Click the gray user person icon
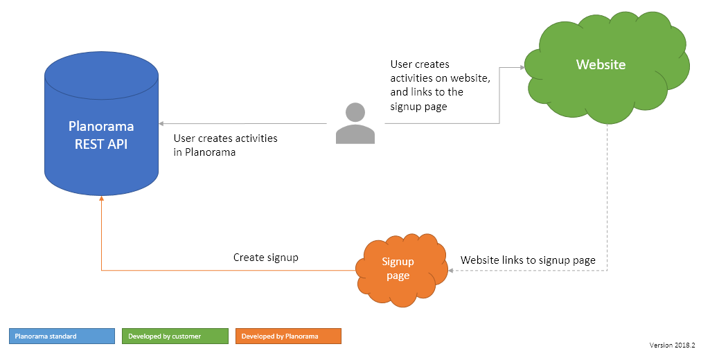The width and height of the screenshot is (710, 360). click(355, 124)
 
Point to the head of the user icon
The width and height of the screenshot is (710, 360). click(355, 112)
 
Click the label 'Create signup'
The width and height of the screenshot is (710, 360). click(266, 258)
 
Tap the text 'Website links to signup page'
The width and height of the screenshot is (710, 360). click(528, 260)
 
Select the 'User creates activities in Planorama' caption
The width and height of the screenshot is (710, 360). click(225, 145)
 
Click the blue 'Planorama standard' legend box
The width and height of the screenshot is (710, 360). click(62, 336)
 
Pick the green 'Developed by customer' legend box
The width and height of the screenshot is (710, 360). click(175, 336)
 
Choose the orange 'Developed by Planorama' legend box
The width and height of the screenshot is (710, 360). click(288, 336)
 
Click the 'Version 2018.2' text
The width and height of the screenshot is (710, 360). click(672, 345)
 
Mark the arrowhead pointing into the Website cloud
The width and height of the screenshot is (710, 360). click(522, 67)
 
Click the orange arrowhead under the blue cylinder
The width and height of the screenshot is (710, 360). click(102, 198)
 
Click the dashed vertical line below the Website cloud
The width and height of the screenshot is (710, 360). click(607, 194)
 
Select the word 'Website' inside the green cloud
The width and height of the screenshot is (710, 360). click(601, 64)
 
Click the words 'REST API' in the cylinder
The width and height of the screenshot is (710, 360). click(101, 144)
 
